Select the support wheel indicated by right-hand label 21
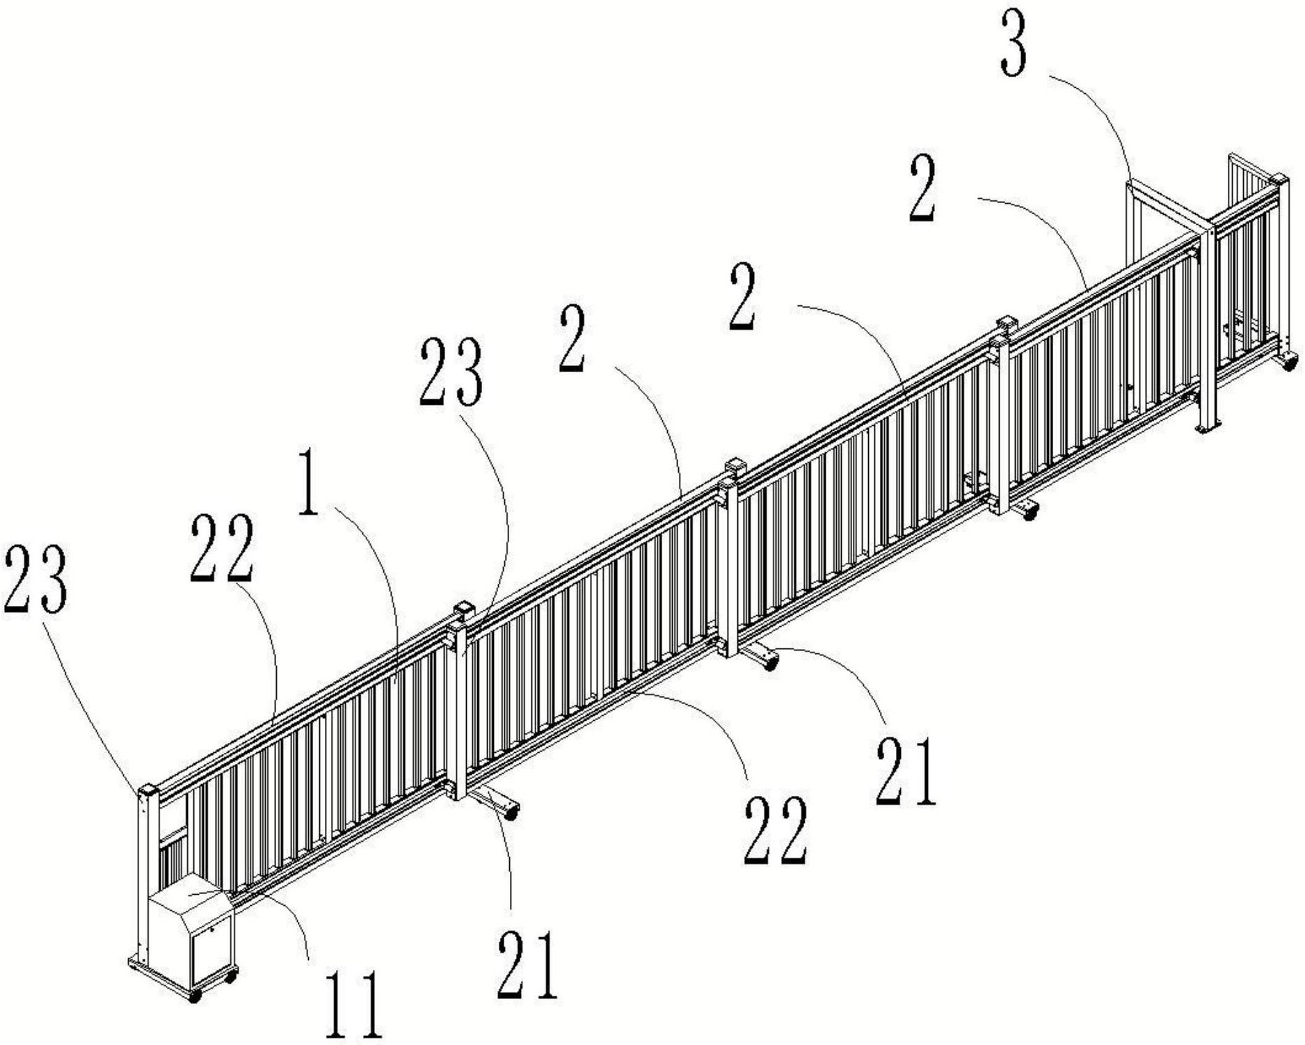tap(769, 662)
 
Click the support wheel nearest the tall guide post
tap(1029, 513)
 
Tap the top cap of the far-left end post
tap(147, 791)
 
